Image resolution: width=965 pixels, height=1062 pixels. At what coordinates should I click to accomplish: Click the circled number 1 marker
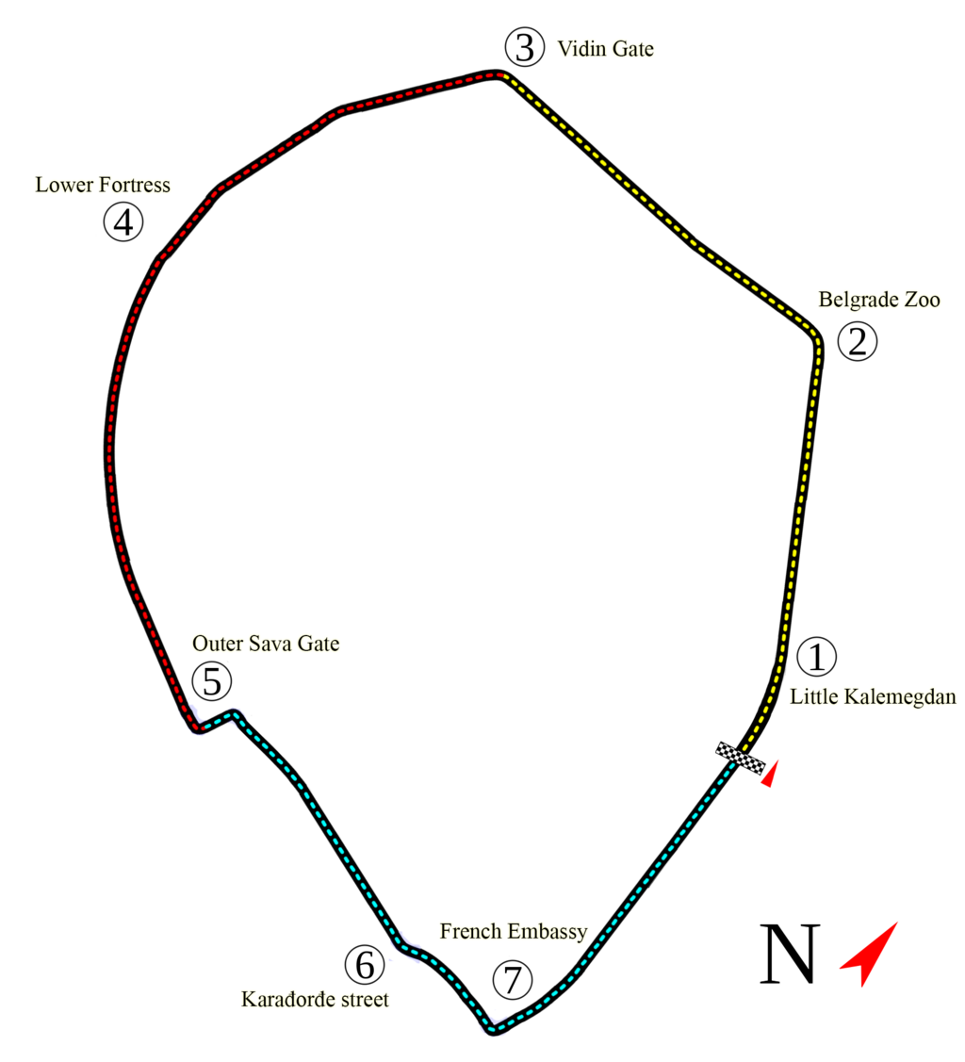pos(816,658)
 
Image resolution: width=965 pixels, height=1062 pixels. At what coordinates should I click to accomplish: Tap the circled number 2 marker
pos(856,341)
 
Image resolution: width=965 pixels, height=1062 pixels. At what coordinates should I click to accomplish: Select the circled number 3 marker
pos(524,47)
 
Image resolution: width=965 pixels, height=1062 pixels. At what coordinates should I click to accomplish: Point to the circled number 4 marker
pos(123,223)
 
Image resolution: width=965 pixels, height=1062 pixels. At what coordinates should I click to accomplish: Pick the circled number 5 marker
pos(211,679)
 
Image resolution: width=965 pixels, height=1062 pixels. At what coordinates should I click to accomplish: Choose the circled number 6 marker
pos(365,964)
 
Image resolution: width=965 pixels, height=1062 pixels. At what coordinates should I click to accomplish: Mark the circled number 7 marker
pos(512,981)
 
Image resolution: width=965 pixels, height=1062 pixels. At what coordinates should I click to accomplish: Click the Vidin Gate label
pos(605,49)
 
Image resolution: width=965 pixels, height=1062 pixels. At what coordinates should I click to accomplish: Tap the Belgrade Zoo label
pos(878,300)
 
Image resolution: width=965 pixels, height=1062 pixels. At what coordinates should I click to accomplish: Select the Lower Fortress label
pos(103,185)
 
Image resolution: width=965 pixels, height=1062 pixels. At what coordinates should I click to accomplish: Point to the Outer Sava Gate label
pos(266,644)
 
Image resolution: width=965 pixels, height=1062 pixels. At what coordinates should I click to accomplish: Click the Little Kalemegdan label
pos(873,697)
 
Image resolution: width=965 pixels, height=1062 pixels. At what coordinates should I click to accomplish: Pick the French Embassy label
pos(514,932)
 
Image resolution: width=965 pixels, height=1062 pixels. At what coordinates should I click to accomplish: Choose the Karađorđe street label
pos(315,999)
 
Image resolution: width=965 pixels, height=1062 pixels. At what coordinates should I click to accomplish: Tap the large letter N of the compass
pos(790,954)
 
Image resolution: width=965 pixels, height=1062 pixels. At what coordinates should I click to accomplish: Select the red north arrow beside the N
pos(871,953)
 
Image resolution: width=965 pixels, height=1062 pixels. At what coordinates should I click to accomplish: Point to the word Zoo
pos(919,300)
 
